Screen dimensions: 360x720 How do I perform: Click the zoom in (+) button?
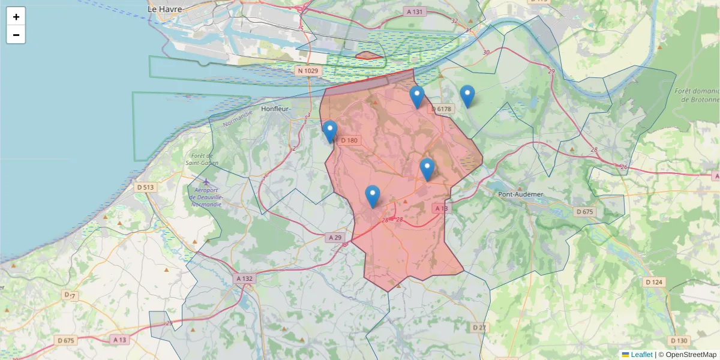16,17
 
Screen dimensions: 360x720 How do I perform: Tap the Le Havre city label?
164,9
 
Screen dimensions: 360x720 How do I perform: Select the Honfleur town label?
276,109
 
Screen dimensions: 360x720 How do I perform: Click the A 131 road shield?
415,11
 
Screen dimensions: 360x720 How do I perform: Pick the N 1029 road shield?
308,71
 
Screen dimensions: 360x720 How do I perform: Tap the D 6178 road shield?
442,109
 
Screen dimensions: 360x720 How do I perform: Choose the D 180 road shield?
349,140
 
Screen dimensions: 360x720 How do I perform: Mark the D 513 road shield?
146,187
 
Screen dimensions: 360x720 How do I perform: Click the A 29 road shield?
335,238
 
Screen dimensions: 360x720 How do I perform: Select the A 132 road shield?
245,278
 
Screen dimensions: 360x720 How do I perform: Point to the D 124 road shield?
655,281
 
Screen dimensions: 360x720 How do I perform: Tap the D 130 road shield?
679,340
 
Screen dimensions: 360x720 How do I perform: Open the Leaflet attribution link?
641,355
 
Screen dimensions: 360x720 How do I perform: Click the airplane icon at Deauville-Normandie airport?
206,181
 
